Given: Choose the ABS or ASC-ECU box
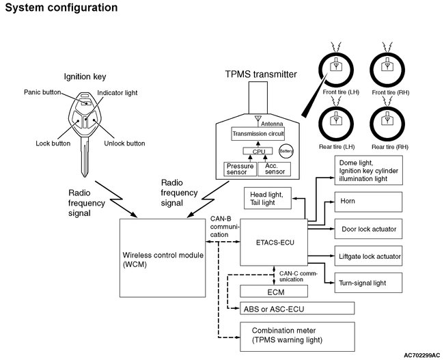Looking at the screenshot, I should pyautogui.click(x=297, y=308).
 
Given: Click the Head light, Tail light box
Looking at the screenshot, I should pyautogui.click(x=268, y=198).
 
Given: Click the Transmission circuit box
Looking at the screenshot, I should pyautogui.click(x=258, y=134).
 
